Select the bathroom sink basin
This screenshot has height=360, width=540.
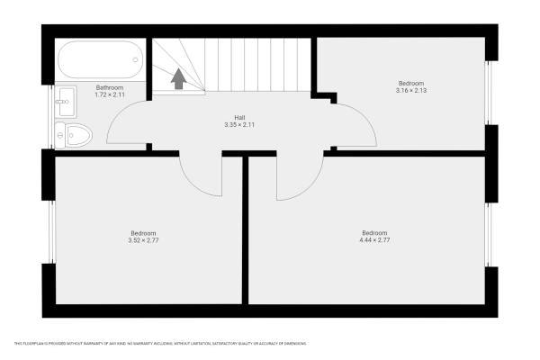[x=66, y=102]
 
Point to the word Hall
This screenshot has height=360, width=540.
[x=240, y=117]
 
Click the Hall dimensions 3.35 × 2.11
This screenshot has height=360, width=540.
[x=240, y=124]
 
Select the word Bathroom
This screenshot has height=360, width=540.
[x=110, y=87]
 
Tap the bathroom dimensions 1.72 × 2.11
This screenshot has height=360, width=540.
[x=110, y=94]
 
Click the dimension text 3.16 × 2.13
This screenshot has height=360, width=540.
[x=410, y=89]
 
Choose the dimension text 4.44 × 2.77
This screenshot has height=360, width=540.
[x=375, y=239]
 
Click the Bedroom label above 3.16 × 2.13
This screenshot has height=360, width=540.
[x=410, y=82]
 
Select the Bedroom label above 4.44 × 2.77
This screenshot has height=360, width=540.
[x=375, y=232]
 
